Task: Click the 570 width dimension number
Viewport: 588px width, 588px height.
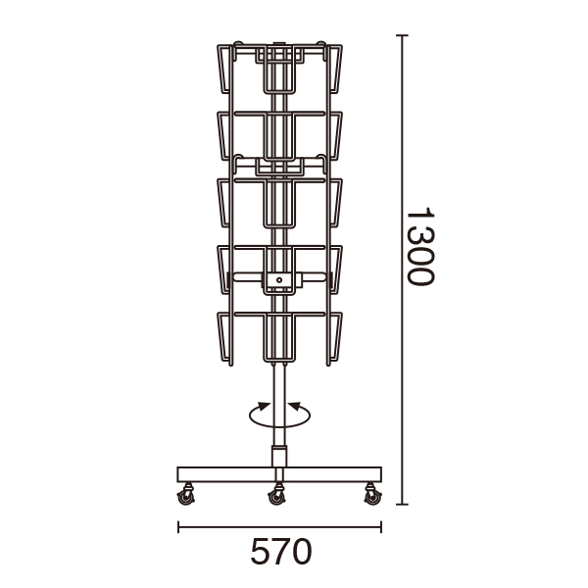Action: pyautogui.click(x=281, y=551)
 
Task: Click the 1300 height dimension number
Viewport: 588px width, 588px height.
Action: pyautogui.click(x=420, y=246)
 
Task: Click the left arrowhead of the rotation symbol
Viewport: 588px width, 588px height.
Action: pyautogui.click(x=264, y=407)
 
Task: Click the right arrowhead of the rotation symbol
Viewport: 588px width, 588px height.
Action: pyautogui.click(x=294, y=407)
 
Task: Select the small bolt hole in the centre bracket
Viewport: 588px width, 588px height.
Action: pyautogui.click(x=279, y=280)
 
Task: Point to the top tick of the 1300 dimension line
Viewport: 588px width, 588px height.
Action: pyautogui.click(x=402, y=35)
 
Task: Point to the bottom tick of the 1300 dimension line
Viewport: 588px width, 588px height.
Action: pyautogui.click(x=402, y=505)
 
